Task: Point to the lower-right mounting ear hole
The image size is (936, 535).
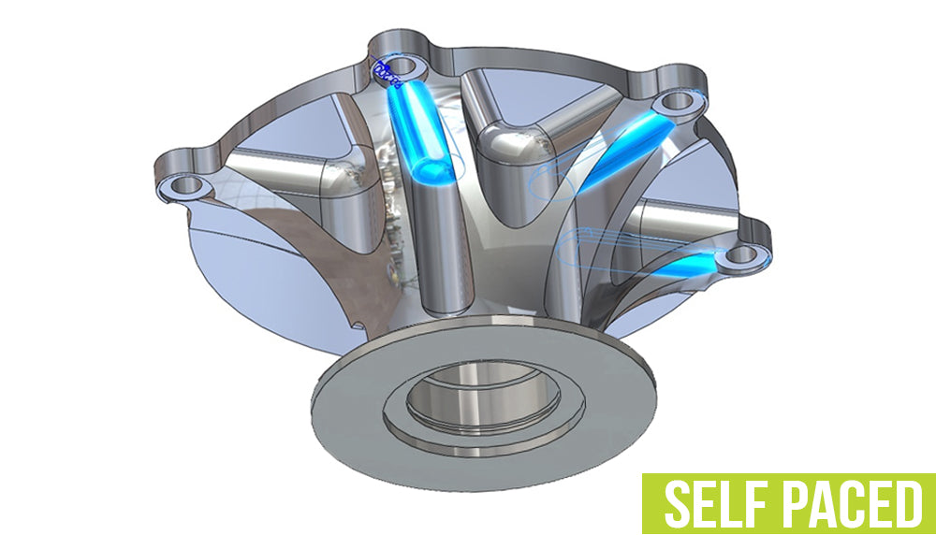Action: click(741, 253)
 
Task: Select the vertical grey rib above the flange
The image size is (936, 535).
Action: click(439, 253)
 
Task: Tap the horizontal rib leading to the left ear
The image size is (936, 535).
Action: click(271, 168)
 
